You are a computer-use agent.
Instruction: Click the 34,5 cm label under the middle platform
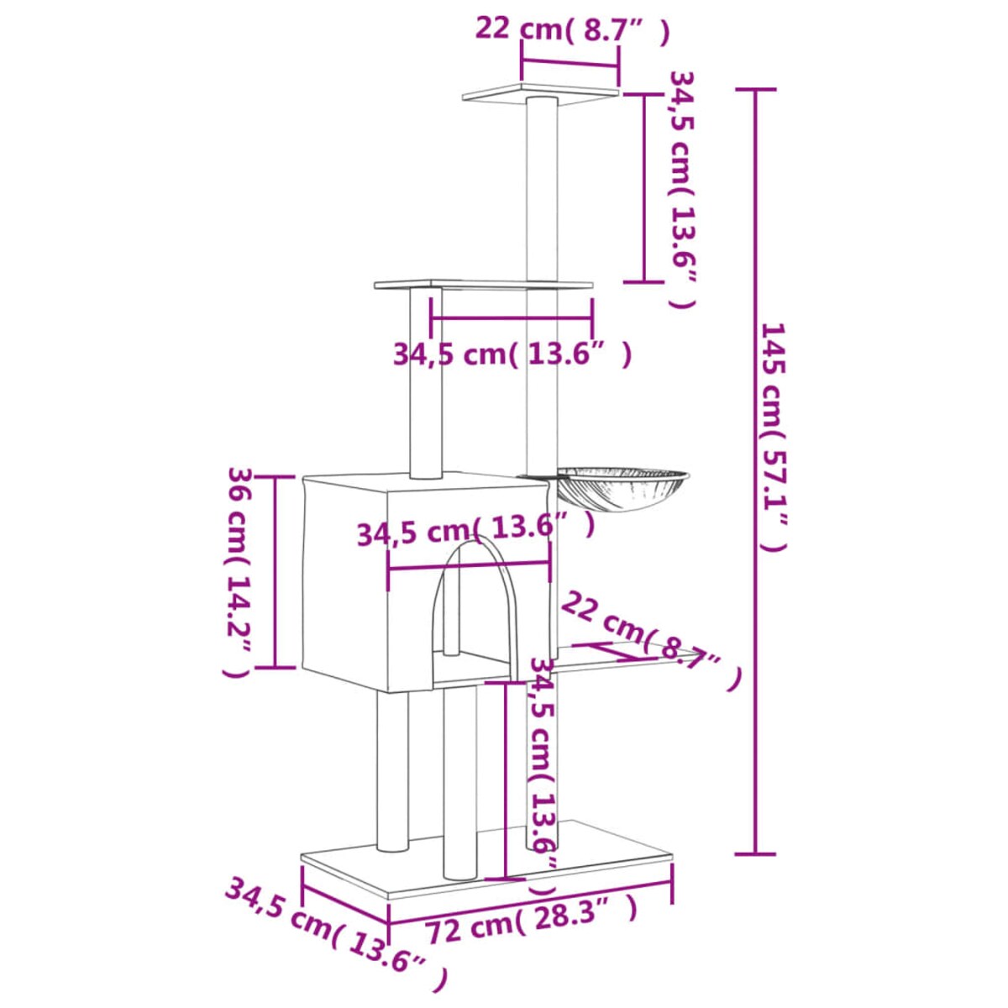pos(512,354)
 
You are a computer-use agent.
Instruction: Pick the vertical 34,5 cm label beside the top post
pos(682,189)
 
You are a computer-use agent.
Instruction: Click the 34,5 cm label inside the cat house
pos(475,531)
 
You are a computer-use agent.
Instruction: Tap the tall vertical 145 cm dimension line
pos(753,470)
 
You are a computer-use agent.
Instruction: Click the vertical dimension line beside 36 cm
pos(276,571)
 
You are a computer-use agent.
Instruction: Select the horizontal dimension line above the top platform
pos(570,63)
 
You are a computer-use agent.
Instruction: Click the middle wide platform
pos(483,286)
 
